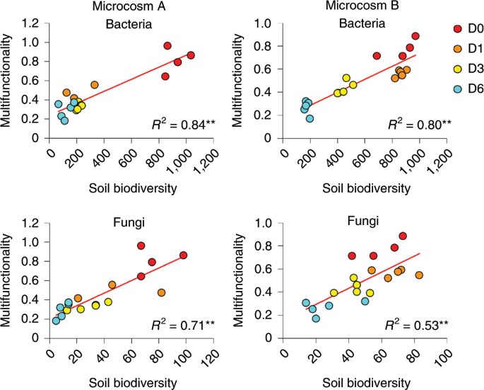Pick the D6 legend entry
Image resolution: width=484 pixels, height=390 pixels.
pyautogui.click(x=468, y=88)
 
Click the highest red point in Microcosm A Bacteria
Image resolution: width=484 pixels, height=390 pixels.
pyautogui.click(x=167, y=45)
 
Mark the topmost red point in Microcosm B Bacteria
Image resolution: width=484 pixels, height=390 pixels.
pyautogui.click(x=415, y=36)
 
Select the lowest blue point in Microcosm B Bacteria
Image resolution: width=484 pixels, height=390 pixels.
pyautogui.click(x=309, y=118)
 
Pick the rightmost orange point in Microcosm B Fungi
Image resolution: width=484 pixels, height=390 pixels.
pyautogui.click(x=419, y=275)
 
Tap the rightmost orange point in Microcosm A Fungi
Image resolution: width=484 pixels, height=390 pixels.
pyautogui.click(x=161, y=292)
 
